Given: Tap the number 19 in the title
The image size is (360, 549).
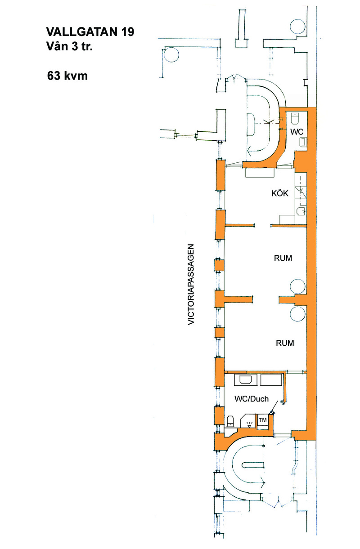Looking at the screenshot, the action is coord(127,32).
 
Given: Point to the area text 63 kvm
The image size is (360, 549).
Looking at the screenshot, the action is coord(67,76).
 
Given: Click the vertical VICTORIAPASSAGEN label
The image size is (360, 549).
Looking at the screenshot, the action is coord(191,284).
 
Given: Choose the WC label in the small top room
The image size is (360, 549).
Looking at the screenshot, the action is coord(297,132).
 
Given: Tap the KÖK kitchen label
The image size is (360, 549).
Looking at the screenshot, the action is coord(280,193).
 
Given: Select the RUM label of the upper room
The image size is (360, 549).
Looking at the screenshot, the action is coord(283,258).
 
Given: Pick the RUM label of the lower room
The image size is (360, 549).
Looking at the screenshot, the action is coord(285,343).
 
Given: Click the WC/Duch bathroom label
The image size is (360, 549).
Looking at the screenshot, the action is coord(252,399).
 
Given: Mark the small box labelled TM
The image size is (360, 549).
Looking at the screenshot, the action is coord(263,420).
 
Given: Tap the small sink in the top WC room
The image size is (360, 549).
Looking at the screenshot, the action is coord(303,142).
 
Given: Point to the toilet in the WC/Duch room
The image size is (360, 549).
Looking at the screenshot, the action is coord(230,420).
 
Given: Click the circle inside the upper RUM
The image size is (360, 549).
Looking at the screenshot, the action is coord(298,286).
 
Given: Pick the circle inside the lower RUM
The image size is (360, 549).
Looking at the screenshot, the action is coord(298,314).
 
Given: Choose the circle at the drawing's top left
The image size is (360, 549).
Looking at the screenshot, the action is coord(171,54).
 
